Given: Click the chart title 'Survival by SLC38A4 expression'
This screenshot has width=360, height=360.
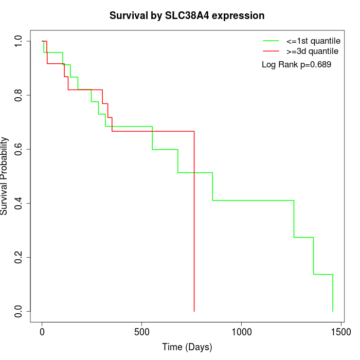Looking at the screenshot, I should (x=187, y=16).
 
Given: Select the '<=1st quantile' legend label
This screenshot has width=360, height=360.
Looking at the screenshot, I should (x=314, y=40).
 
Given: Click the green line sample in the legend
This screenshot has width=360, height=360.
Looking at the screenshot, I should (x=271, y=40).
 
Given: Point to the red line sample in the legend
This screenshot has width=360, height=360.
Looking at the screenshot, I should (x=271, y=51).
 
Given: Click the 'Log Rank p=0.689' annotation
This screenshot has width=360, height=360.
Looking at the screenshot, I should (x=296, y=65).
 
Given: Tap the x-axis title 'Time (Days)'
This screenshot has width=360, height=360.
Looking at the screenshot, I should (x=187, y=347).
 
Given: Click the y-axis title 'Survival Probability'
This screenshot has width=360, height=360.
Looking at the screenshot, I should (x=5, y=176).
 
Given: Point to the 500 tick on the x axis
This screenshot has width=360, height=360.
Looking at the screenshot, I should (x=141, y=332).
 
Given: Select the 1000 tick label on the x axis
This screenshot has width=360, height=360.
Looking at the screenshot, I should (x=241, y=332).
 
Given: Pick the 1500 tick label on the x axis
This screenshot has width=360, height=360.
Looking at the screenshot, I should (x=340, y=332).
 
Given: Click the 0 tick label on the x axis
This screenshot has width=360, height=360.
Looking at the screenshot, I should (x=42, y=332).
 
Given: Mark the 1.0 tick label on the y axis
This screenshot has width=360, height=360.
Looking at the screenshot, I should (x=19, y=41).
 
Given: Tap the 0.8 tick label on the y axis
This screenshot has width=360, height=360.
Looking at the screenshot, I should (x=19, y=95).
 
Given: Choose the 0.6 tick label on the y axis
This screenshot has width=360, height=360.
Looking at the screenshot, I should (x=19, y=149).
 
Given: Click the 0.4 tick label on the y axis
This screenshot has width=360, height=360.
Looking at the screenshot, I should (x=19, y=203).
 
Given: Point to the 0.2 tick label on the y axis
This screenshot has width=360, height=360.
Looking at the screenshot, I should (x=19, y=257).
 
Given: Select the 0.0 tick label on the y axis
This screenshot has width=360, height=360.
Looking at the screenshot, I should (x=19, y=311).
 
